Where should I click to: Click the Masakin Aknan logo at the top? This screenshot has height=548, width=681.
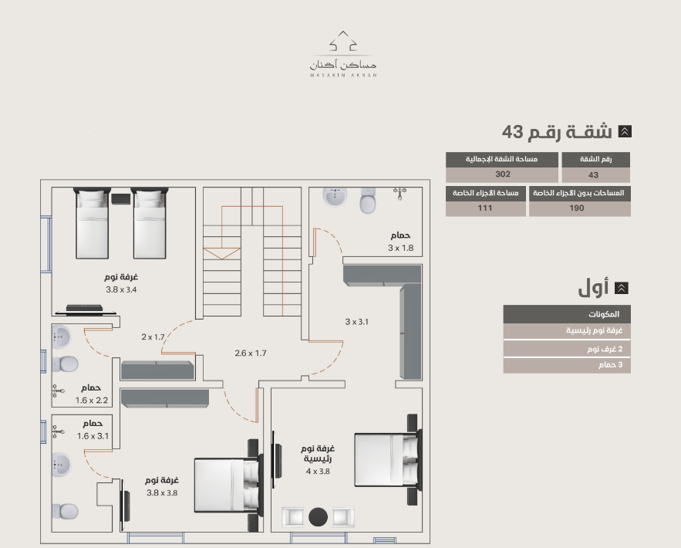tap(343, 54)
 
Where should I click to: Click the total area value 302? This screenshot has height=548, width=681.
tap(503, 174)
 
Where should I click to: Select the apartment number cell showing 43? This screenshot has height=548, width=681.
tap(595, 175)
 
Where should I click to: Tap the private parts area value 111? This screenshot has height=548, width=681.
tap(485, 208)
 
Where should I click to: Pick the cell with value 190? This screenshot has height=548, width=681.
tap(579, 208)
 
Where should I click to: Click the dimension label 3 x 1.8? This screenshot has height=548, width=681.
tap(400, 248)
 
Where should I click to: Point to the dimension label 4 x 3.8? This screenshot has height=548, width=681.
tap(318, 472)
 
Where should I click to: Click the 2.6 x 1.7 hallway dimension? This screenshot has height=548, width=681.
tap(251, 353)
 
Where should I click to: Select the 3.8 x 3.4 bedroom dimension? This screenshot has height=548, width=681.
tap(121, 290)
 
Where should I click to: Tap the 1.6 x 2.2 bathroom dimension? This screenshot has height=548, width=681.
tap(92, 401)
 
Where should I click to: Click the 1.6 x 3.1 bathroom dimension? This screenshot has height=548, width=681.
tap(93, 436)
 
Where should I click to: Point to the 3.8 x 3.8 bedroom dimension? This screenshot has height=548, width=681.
tap(162, 493)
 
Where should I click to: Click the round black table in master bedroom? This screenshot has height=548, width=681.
tap(318, 517)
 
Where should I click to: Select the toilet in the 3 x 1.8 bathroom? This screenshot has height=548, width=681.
tap(368, 201)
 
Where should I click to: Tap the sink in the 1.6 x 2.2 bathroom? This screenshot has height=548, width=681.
tap(60, 337)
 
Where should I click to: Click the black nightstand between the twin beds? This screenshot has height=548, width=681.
tap(121, 199)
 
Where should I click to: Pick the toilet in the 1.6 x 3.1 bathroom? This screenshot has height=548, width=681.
tap(65, 512)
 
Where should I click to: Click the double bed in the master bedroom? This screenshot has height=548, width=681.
tap(387, 459)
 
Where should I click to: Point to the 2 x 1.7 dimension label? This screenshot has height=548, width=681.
tap(153, 337)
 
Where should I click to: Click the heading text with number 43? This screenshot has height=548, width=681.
tap(557, 132)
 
